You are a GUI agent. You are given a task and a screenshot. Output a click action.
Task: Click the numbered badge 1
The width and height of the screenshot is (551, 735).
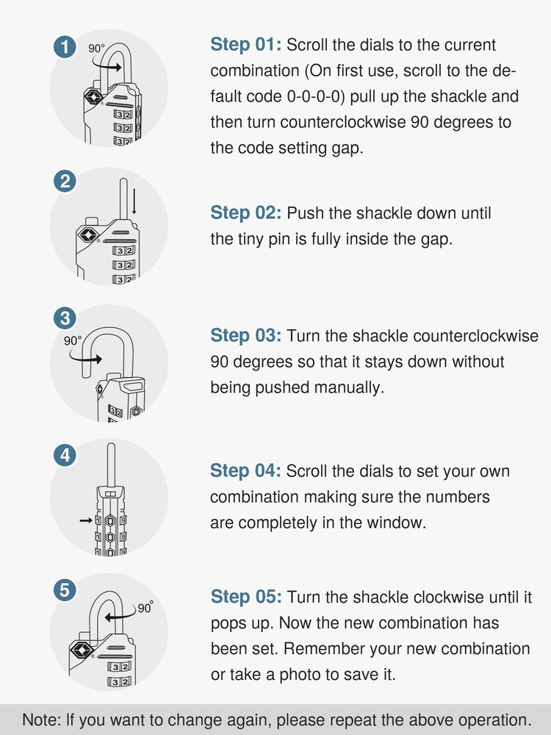tap(65, 48)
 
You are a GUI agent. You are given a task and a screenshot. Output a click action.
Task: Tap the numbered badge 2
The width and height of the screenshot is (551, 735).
tap(65, 181)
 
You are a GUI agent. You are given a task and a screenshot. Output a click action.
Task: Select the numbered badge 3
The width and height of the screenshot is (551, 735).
tap(65, 318)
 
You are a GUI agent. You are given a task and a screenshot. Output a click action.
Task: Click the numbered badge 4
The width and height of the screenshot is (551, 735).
tap(65, 455)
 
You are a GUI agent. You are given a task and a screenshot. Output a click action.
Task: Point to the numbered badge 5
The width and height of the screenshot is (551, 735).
tap(65, 589)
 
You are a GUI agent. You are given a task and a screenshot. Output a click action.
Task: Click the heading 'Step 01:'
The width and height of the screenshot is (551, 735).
tap(246, 45)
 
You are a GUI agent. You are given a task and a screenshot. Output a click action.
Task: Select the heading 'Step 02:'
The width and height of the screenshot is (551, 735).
tap(246, 213)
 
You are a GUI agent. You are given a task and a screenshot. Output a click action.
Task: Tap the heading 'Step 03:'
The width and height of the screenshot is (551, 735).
tap(246, 336)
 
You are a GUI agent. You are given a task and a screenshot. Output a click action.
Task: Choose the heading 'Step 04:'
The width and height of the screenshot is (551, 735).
tap(246, 471)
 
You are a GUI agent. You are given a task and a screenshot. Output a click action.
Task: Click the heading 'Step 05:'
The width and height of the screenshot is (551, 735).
tap(246, 597)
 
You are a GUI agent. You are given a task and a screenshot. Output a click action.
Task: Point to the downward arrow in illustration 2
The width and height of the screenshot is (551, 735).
tap(134, 206)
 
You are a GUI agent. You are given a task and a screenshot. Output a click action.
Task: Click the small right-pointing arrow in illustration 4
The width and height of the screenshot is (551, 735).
tap(86, 520)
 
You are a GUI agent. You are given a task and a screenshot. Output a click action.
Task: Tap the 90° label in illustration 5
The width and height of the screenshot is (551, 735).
tap(145, 609)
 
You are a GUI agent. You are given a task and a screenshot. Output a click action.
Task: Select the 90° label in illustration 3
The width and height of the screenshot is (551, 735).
tap(72, 341)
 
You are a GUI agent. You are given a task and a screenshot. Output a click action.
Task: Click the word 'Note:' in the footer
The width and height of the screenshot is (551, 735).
tap(43, 719)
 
